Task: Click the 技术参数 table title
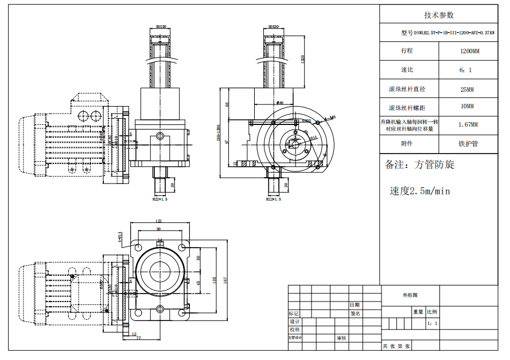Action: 438,15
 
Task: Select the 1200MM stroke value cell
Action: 469,51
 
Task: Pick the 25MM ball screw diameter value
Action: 467,89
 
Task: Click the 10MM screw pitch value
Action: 467,107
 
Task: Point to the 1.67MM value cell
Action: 468,124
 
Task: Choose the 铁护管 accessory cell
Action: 468,144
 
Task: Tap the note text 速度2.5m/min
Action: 420,191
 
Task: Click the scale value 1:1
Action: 432,323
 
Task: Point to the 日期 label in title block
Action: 355,305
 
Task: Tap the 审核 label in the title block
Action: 341,338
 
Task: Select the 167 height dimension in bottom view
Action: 225,280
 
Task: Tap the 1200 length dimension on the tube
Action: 302,58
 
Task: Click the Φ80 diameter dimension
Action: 280,103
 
